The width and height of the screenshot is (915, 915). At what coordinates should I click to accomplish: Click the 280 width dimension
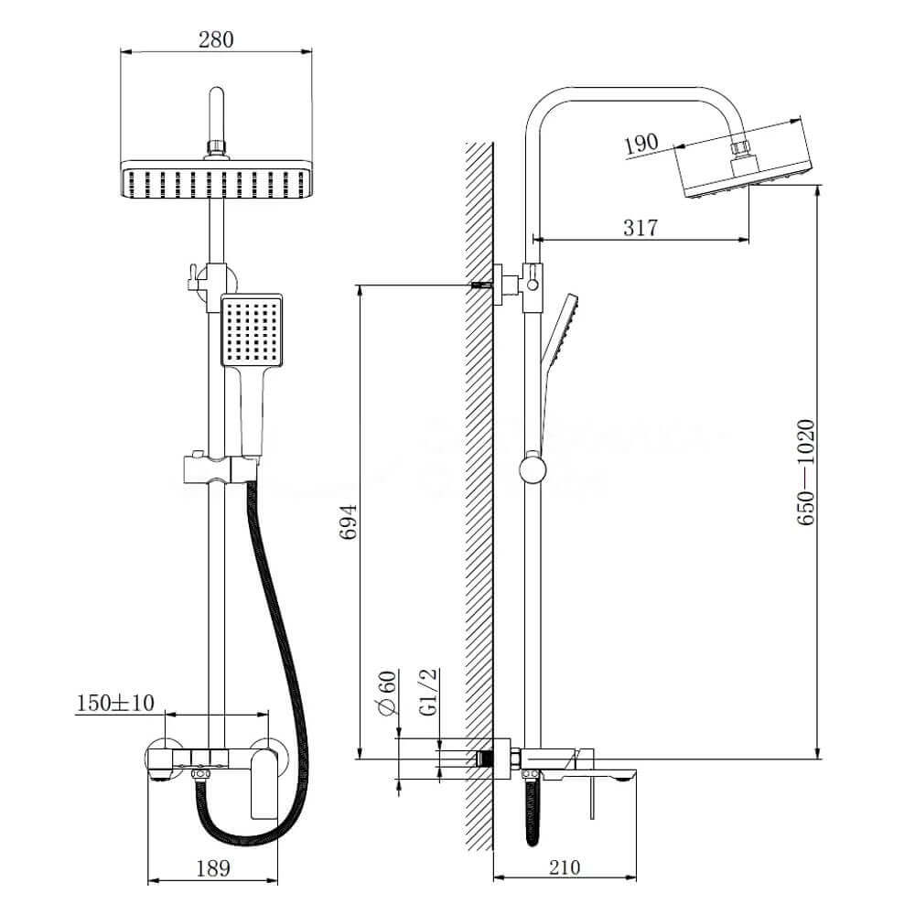(216, 39)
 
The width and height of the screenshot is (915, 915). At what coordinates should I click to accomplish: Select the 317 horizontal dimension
(640, 228)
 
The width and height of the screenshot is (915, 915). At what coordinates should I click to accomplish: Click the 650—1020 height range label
(806, 471)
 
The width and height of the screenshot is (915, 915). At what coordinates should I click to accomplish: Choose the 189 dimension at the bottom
(213, 868)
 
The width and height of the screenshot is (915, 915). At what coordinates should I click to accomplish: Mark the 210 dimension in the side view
(565, 868)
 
